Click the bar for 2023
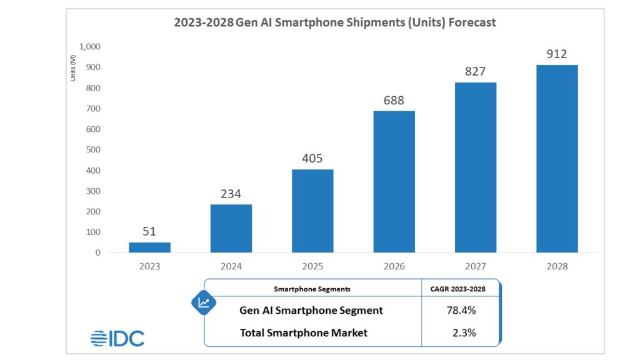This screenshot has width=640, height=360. click(149, 247)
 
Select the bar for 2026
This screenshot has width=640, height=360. click(394, 182)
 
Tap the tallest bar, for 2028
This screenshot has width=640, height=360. click(557, 159)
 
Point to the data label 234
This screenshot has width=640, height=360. click(231, 194)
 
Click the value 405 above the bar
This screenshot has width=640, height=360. click(312, 159)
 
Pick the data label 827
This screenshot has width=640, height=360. click(475, 71)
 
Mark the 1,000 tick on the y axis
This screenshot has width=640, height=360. click(90, 47)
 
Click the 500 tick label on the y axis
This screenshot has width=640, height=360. click(94, 150)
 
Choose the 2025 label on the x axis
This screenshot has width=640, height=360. click(312, 266)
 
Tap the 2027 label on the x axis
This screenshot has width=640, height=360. click(475, 266)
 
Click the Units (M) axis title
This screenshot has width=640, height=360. click(73, 68)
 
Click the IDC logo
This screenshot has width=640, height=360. click(117, 338)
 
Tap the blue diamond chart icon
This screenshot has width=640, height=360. click(204, 303)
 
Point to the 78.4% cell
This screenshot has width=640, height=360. click(463, 311)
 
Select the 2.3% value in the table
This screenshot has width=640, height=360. click(463, 333)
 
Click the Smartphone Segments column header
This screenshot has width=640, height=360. click(312, 289)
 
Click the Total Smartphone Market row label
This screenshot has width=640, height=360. click(304, 333)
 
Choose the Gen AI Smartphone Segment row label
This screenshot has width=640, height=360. click(311, 311)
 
